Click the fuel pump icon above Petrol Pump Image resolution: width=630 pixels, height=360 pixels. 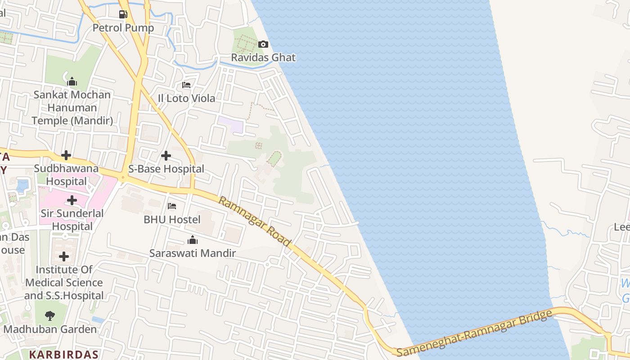[123, 14]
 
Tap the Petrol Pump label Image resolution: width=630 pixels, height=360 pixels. [123, 28]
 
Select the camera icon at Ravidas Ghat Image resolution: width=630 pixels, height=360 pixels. [263, 44]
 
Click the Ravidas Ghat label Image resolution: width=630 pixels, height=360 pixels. [263, 58]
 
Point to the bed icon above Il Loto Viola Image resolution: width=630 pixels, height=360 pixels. [186, 85]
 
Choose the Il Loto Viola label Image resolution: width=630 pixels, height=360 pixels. [186, 98]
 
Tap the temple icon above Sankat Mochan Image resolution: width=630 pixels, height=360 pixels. [72, 82]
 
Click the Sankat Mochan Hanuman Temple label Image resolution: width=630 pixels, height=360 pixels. [72, 108]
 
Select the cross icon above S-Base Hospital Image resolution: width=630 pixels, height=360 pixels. [166, 156]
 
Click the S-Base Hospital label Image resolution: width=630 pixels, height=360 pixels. [166, 169]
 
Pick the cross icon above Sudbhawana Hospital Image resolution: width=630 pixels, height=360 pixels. [66, 155]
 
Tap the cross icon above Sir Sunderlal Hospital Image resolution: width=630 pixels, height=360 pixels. [72, 200]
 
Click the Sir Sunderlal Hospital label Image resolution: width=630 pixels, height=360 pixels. [72, 220]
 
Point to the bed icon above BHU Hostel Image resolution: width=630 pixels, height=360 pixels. [171, 206]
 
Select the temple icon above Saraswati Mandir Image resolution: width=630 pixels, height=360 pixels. [193, 240]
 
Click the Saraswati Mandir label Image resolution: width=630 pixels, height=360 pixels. [193, 253]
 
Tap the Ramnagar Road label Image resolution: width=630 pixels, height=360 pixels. [255, 220]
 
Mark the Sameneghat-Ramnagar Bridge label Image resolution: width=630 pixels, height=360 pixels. [474, 333]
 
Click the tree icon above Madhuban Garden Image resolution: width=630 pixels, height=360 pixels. [50, 316]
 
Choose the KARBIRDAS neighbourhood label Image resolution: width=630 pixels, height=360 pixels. [63, 354]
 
